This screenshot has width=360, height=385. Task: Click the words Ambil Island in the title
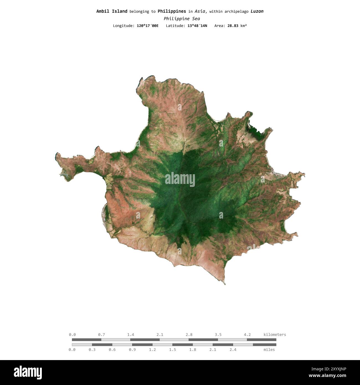(112, 11)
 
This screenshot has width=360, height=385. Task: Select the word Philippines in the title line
(172, 11)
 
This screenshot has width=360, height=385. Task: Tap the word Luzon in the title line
(257, 11)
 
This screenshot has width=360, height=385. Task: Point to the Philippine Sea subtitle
(182, 19)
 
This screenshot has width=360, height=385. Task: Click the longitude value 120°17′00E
(148, 26)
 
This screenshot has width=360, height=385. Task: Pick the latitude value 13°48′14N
(197, 26)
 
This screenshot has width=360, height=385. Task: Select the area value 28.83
(233, 26)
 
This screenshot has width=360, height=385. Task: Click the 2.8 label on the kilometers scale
(189, 335)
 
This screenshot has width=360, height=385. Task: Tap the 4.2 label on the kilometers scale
(247, 335)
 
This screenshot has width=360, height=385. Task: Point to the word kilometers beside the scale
(275, 335)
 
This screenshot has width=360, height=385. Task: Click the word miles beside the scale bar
(269, 350)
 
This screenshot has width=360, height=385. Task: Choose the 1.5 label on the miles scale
(173, 350)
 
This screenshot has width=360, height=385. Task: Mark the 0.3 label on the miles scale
(92, 350)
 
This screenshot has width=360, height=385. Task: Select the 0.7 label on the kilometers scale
(101, 335)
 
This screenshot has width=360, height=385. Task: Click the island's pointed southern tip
(225, 284)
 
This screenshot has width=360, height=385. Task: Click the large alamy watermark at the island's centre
(180, 180)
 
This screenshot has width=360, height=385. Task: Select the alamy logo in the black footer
(28, 373)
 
